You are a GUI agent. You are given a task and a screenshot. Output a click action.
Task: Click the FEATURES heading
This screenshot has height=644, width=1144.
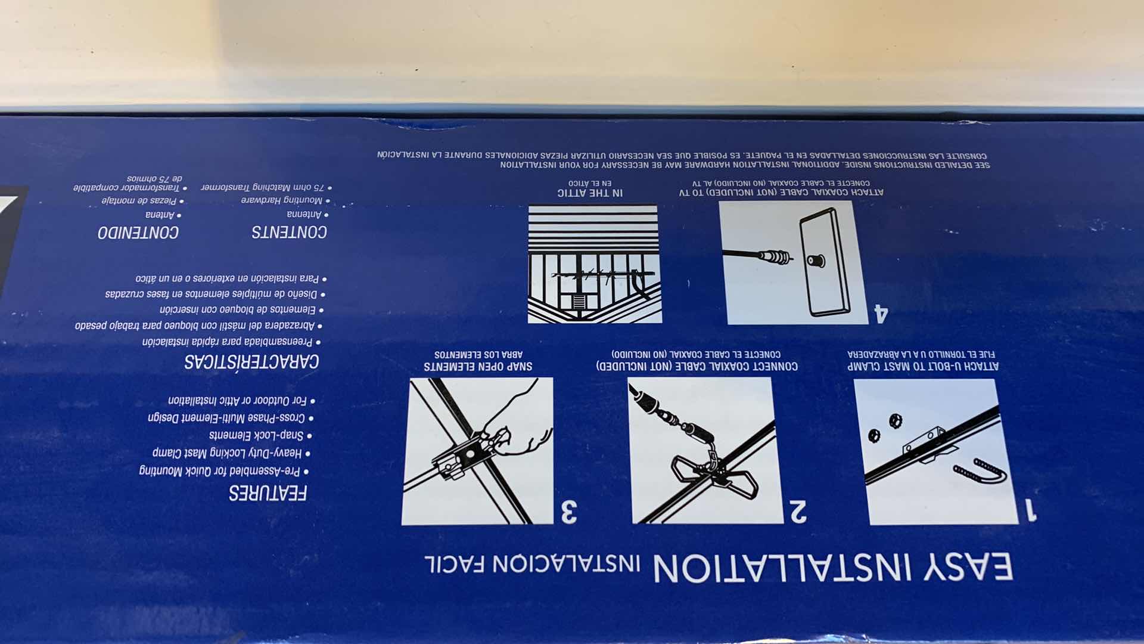268,493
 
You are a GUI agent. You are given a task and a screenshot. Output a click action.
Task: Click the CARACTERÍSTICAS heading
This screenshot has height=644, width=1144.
251,361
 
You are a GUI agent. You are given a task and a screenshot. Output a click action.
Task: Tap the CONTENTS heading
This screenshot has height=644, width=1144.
289,232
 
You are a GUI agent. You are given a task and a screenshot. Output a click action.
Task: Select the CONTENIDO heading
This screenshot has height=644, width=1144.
138,233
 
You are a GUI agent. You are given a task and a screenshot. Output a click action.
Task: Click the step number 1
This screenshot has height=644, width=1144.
1030,510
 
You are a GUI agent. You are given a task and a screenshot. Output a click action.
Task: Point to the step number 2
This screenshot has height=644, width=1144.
798,511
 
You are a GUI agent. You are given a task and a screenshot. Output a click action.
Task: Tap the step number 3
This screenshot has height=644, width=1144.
568,511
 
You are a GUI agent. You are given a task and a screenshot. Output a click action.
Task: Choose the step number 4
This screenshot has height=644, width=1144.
881,313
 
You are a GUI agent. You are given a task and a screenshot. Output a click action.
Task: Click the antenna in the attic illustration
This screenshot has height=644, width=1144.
602,276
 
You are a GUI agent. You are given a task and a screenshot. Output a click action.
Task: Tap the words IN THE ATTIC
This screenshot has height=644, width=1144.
589,193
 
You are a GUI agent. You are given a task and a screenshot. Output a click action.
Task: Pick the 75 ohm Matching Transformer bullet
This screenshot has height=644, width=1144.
266,187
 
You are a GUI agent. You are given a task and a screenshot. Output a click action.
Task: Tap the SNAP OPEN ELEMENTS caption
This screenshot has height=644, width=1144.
478,366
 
